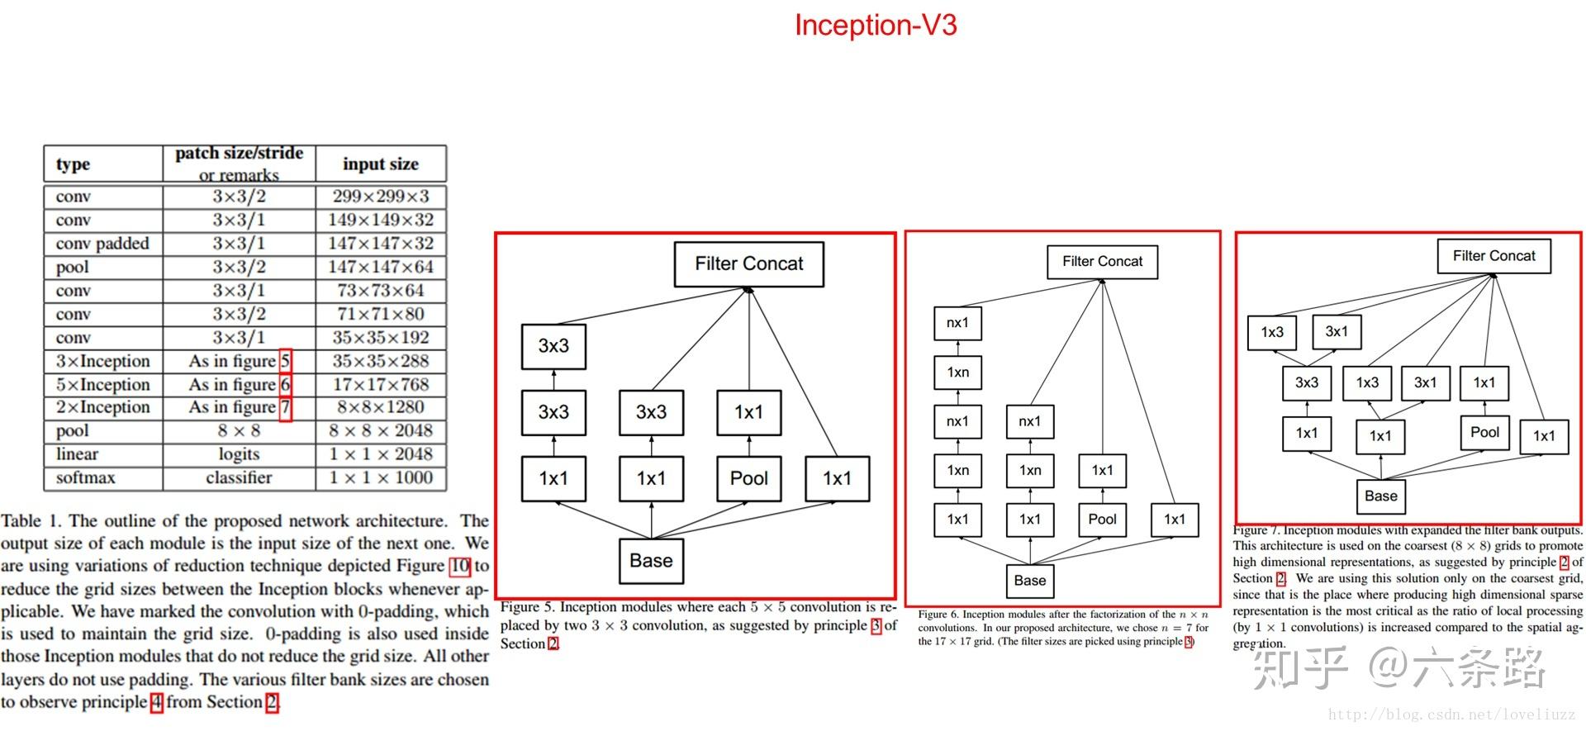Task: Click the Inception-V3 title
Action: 875,25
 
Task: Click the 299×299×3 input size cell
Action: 381,197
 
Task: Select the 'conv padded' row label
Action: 102,244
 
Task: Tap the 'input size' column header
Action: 381,164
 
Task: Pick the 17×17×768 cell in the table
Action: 381,385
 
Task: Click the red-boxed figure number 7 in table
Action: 285,408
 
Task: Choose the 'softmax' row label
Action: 85,478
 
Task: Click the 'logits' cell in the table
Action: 239,454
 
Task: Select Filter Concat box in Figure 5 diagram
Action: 748,264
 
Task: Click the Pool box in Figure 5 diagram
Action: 748,478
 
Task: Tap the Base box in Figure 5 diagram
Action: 651,561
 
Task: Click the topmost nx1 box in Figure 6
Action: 957,323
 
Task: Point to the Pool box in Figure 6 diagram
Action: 1102,520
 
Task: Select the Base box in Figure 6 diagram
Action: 1029,581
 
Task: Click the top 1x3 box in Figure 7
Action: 1272,332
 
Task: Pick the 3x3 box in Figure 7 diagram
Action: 1306,383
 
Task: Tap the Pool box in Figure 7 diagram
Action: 1484,432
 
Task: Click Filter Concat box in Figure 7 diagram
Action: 1493,256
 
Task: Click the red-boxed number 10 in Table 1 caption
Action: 459,567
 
